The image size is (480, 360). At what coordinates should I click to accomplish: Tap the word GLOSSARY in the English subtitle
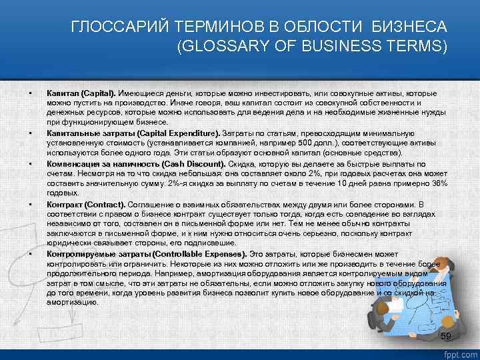pos(224,47)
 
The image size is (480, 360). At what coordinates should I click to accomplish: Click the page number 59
pos(446,335)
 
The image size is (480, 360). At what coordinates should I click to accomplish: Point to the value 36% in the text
pos(438,183)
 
